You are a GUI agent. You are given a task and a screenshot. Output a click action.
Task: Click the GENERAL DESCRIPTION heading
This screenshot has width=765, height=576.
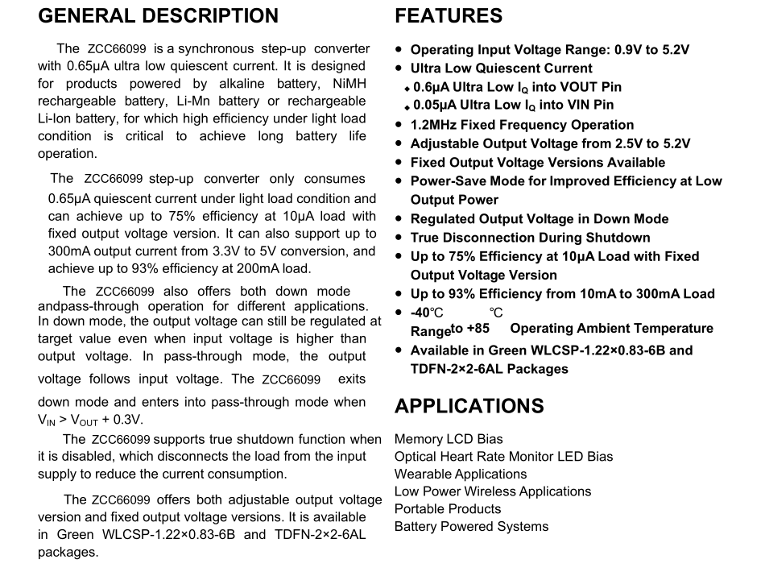point(158,16)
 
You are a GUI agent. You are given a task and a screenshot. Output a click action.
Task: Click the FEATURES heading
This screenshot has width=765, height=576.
point(449,16)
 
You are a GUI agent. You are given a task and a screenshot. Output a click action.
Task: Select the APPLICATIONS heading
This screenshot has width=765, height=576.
point(469,406)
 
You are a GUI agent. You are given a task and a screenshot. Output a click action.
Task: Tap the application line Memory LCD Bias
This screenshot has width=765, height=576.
point(449,439)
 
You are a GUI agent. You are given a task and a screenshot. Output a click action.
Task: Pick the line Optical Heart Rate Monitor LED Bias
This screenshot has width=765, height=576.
point(503,457)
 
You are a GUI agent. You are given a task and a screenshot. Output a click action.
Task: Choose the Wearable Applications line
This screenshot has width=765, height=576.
point(461,474)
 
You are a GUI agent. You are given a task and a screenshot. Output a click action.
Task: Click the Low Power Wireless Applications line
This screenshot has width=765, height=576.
point(492,491)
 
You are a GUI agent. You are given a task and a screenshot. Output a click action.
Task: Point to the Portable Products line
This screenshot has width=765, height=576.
point(448,509)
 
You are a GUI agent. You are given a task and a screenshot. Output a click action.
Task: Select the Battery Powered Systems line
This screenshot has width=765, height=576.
point(471,527)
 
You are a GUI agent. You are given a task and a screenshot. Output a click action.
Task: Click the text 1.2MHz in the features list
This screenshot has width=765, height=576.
point(433,125)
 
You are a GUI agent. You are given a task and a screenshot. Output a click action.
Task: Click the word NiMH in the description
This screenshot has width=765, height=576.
point(348,84)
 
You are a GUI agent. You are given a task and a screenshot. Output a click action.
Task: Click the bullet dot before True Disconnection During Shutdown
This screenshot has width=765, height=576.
point(399,238)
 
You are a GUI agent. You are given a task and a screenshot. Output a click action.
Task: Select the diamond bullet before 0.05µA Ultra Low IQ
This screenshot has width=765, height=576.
point(407,106)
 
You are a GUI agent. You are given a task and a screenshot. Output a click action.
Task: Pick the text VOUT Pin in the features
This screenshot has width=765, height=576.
point(593,87)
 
